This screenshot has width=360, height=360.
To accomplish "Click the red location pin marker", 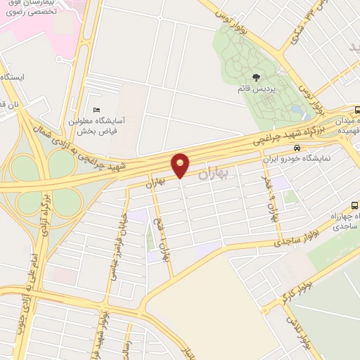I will click(x=181, y=165).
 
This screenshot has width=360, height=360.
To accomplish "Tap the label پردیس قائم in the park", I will click(x=255, y=90).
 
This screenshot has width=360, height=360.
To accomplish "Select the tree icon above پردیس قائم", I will click(x=255, y=78).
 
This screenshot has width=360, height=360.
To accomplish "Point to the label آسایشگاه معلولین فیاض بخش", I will click(x=97, y=125).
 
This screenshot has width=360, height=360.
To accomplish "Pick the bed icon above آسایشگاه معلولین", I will click(x=96, y=110).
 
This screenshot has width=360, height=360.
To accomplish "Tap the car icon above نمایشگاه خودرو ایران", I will click(x=297, y=149).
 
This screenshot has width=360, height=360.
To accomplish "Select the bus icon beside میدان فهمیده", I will click(x=356, y=110).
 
